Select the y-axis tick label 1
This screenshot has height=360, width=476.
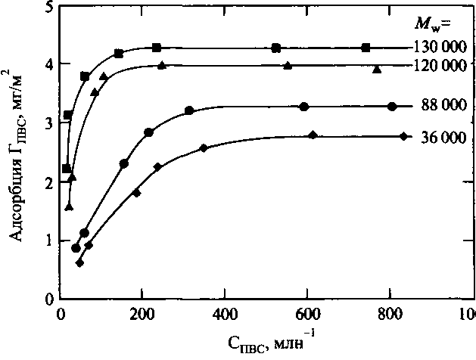[49, 241]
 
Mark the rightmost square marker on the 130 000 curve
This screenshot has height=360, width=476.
[366, 48]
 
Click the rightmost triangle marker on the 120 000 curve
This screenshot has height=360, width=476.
[377, 70]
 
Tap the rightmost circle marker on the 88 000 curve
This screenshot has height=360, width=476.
[391, 107]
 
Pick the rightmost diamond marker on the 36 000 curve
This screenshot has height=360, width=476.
[404, 136]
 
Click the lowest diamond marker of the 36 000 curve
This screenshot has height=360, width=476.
[79, 262]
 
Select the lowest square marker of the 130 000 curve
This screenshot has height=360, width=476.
[66, 168]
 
